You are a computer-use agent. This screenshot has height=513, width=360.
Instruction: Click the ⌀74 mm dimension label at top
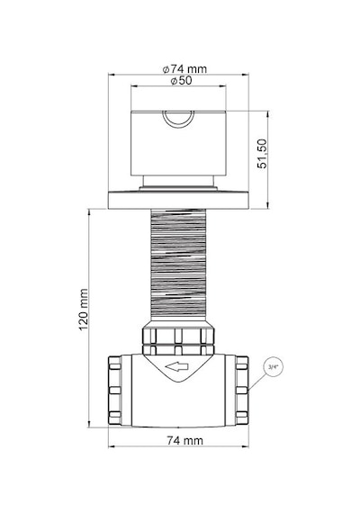pos(184,69)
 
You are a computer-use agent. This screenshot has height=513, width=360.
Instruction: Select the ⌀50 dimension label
pos(181,80)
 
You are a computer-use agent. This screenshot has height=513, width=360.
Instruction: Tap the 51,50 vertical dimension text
pos(262,154)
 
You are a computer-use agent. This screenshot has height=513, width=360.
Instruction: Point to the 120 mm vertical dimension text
pos(84,310)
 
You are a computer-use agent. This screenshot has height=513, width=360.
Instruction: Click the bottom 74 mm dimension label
pos(184,441)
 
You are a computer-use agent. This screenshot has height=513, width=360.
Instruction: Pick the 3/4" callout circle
pos(273,367)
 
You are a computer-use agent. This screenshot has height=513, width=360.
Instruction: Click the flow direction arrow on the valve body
pos(177,366)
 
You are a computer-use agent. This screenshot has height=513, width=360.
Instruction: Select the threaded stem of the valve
pos(179,265)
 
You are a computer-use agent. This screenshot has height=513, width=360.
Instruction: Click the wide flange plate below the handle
pos(179,201)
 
